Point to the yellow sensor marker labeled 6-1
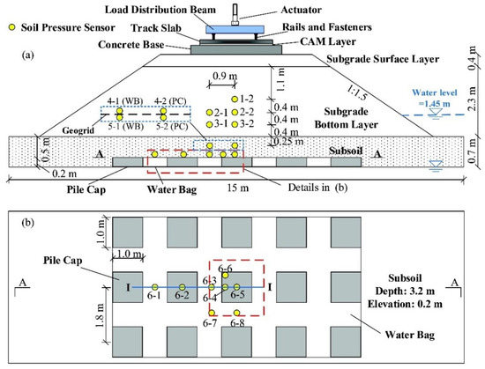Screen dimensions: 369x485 [155, 288]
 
